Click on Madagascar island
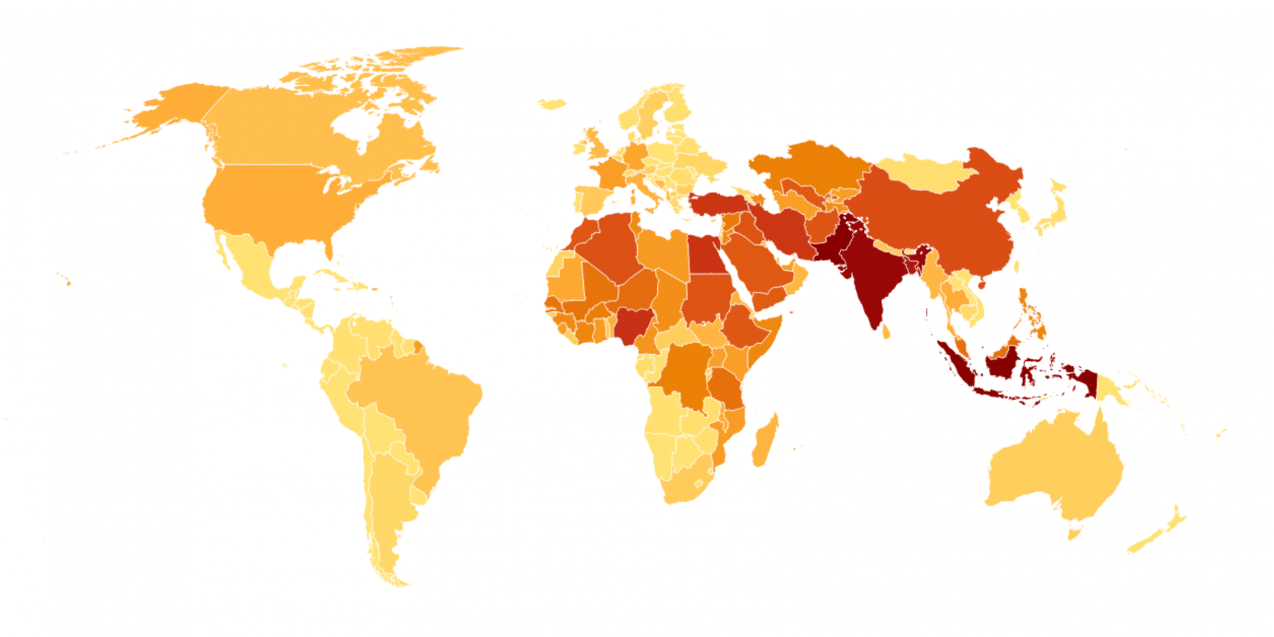764,441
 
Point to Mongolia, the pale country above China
922,173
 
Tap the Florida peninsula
329,249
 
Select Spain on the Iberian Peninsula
593,199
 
